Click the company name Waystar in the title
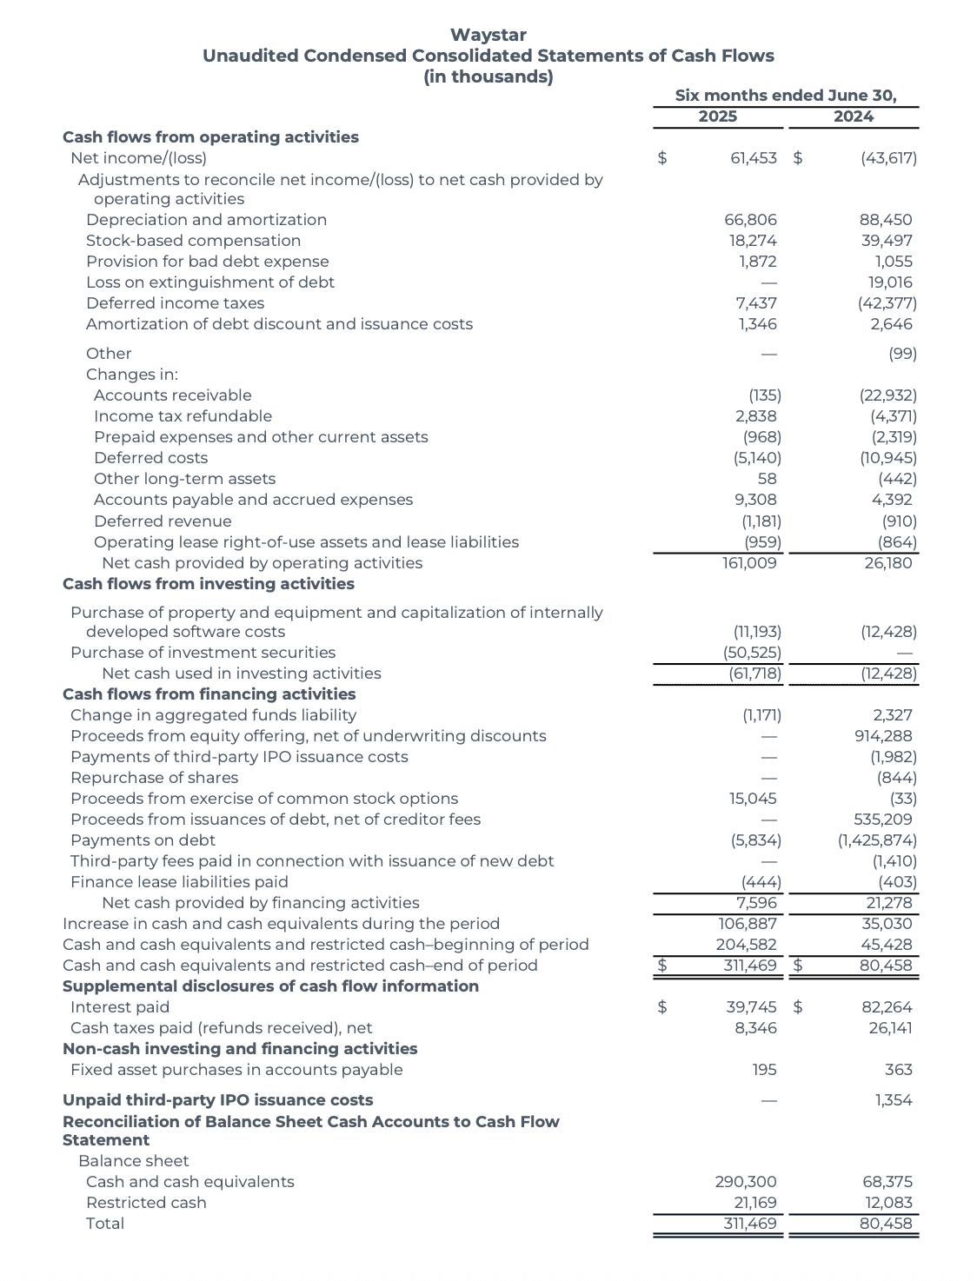pos(488,35)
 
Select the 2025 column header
pos(717,116)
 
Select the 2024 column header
pos(853,116)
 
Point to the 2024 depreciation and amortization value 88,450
pos(887,220)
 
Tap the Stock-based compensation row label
pos(193,241)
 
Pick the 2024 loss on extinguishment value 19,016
pos(890,282)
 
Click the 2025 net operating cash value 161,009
pos(749,563)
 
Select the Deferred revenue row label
pos(163,521)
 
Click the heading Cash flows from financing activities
pos(209,694)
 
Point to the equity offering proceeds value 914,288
pos(883,736)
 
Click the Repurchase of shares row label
pos(154,778)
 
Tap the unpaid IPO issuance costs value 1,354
pos(894,1100)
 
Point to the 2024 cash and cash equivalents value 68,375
pos(887,1182)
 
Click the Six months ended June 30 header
pos(785,96)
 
